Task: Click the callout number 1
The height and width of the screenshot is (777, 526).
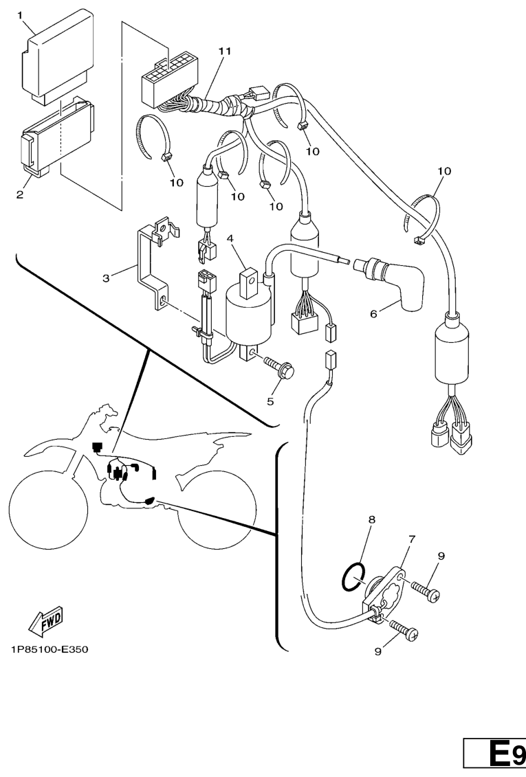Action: [21, 14]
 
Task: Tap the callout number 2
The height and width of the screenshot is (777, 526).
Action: [21, 194]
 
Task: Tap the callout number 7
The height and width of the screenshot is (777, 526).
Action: [411, 539]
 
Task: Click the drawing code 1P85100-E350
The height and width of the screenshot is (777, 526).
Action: [50, 649]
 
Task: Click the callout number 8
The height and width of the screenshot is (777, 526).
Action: [371, 520]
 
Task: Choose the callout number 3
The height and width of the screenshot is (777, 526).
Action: [106, 278]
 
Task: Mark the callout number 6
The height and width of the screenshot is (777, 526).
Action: [374, 314]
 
